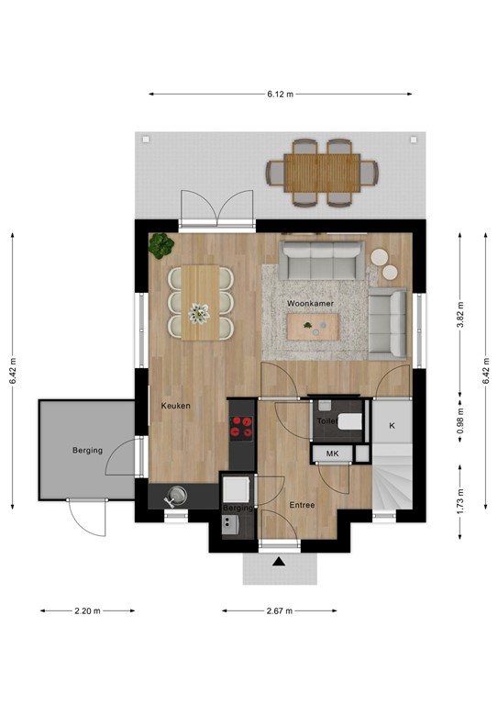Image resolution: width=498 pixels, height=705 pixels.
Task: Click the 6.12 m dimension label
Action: [x=280, y=94]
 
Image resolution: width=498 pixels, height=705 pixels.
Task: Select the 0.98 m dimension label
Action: [x=460, y=419]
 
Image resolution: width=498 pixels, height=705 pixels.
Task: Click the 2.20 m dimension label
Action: [x=87, y=610]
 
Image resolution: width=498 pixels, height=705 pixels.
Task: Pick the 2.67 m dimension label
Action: [x=279, y=610]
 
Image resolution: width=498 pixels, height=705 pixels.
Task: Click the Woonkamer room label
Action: [x=309, y=302]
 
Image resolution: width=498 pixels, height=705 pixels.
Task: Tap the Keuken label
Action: [x=176, y=405]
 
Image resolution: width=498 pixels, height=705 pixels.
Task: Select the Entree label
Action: [x=303, y=505]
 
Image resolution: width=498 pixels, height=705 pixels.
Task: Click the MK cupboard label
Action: [x=330, y=453]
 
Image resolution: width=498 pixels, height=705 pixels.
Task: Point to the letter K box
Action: [x=391, y=425]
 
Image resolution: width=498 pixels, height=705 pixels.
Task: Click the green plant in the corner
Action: [x=161, y=245]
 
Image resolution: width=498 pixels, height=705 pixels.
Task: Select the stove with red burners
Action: [x=242, y=426]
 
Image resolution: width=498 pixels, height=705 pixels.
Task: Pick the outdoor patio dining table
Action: [x=322, y=170]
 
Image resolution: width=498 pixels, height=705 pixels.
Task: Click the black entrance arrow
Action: [x=279, y=560]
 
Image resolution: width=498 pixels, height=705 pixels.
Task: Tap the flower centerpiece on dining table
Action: [x=199, y=313]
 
